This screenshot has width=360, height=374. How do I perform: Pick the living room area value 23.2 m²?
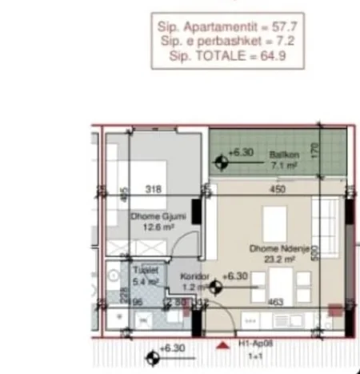[x=273, y=259]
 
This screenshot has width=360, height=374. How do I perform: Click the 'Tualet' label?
[x=143, y=271]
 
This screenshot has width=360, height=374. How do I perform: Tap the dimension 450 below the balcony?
[x=276, y=190]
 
